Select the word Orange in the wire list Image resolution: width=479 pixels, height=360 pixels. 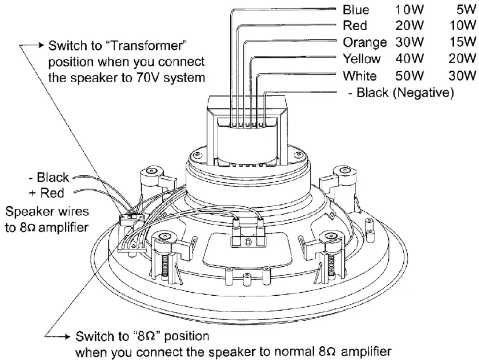click(x=364, y=42)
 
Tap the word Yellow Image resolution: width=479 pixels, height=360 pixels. click(x=362, y=59)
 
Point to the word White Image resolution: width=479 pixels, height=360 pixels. click(x=359, y=76)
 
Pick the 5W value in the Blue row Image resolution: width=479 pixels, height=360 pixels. click(x=465, y=10)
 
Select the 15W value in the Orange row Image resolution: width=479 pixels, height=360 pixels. click(x=462, y=42)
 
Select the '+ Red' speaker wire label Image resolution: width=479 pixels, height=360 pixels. click(x=48, y=192)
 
